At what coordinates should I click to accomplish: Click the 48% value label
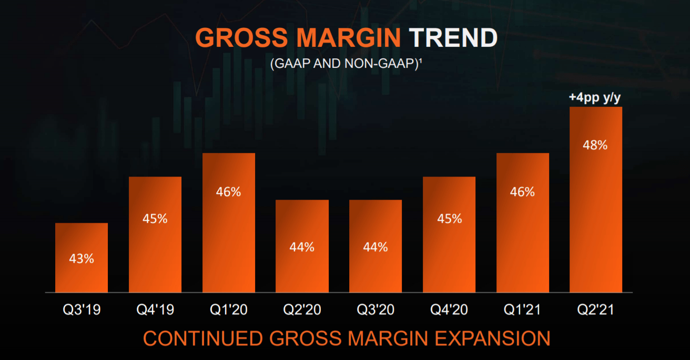pyautogui.click(x=595, y=145)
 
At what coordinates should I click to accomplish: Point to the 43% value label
pyautogui.click(x=82, y=259)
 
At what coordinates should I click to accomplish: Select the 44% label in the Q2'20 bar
pyautogui.click(x=302, y=246)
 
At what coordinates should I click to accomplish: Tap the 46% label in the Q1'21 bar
pyautogui.click(x=522, y=192)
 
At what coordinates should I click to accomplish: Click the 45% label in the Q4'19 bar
pyautogui.click(x=155, y=219)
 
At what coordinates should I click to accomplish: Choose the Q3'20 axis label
pyautogui.click(x=376, y=310)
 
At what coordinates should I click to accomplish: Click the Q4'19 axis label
pyautogui.click(x=155, y=310)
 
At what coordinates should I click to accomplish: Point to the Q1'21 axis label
pyautogui.click(x=522, y=310)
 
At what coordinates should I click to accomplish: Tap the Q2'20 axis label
pyautogui.click(x=302, y=310)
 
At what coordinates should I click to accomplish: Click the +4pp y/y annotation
pyautogui.click(x=595, y=98)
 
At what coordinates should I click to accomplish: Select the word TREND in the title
pyautogui.click(x=453, y=38)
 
